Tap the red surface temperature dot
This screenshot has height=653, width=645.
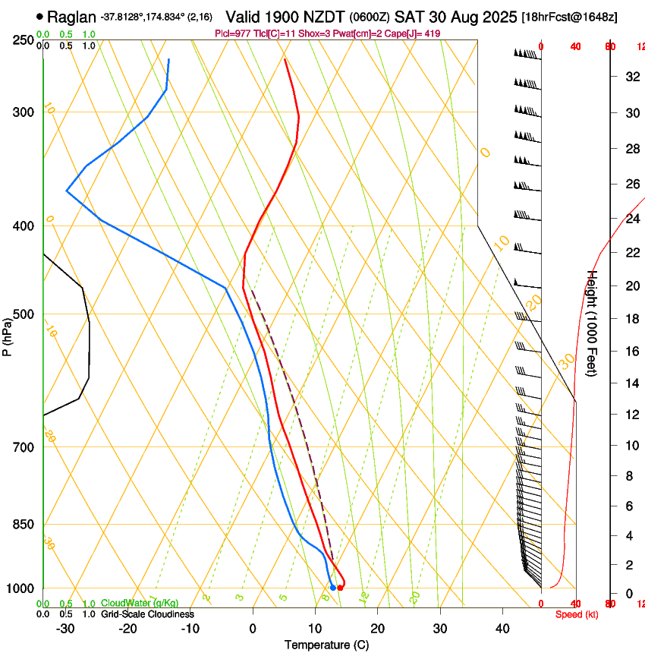340,588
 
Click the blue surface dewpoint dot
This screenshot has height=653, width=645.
333,588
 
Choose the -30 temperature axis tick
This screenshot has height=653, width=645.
65,629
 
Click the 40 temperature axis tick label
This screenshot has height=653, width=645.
502,629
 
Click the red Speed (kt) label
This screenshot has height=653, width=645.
577,614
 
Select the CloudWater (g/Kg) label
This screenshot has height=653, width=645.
140,604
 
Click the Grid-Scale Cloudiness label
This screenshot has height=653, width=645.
147,614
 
